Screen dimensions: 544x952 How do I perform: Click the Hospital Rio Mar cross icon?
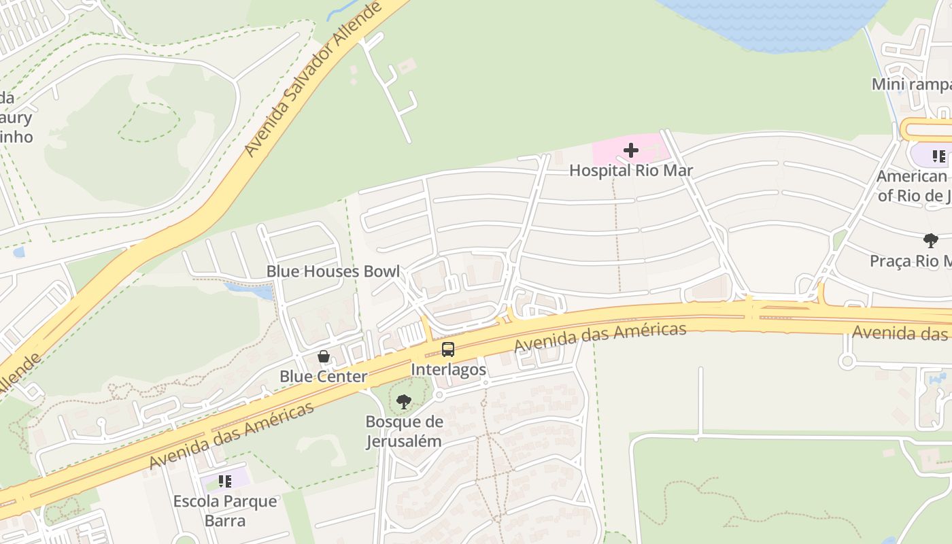pos(631,150)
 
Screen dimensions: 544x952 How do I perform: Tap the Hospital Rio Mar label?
pos(630,171)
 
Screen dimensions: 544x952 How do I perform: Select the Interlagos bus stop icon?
pos(447,350)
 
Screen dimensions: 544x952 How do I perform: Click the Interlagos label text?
pos(448,370)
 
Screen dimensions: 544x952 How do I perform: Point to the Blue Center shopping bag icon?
pos(324,356)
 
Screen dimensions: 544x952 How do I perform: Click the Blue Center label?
pos(324,377)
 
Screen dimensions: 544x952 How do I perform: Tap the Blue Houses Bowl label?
pos(333,271)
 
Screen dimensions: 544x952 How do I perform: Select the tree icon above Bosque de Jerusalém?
pos(404,402)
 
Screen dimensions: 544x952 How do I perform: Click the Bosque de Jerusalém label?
pos(404,431)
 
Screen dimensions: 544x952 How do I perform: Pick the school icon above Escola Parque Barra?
pos(225,482)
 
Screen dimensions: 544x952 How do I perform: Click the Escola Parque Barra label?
pos(225,511)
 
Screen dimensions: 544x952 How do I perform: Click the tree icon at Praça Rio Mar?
pos(930,240)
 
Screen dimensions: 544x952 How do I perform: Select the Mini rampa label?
pos(911,84)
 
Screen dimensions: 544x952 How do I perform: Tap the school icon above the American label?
pos(939,156)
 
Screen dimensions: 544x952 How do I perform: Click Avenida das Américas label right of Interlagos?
pos(600,338)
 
